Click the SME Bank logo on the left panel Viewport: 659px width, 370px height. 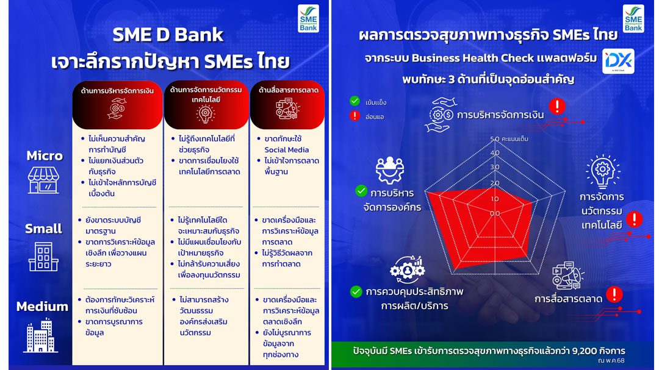click(308, 18)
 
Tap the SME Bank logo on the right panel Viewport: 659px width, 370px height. click(633, 18)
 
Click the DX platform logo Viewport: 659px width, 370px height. click(618, 62)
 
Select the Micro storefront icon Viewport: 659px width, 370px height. click(44, 180)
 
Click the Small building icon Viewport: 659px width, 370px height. click(43, 257)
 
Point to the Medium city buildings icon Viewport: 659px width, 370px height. click(41, 335)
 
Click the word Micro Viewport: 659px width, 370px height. click(45, 156)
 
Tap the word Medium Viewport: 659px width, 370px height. click(42, 307)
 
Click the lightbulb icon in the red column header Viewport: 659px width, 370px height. click(206, 114)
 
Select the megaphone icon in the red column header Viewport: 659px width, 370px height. click(287, 109)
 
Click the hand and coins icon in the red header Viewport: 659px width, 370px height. click(117, 109)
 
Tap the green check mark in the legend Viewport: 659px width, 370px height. click(355, 101)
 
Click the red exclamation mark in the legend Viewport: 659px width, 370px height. click(355, 115)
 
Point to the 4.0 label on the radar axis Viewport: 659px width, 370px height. click(495, 153)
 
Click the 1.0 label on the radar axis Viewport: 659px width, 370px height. click(495, 199)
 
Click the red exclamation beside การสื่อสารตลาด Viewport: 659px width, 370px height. click(614, 294)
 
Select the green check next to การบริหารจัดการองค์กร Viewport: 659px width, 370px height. click(361, 191)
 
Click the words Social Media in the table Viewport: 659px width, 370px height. click(287, 150)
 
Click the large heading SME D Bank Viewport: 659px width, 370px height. click(168, 35)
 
